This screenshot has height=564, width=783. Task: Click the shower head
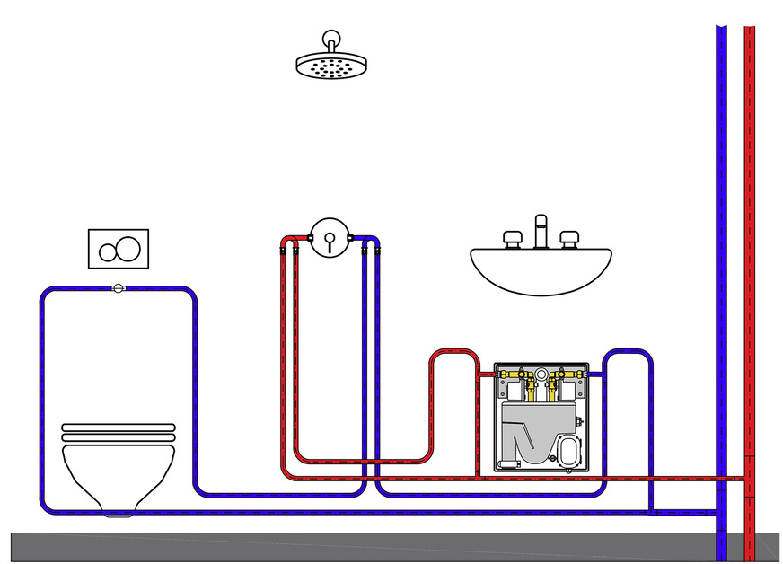pos(332,64)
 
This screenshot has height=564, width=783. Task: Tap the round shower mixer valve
pos(329,238)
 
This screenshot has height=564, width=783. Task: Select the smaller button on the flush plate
pos(108,250)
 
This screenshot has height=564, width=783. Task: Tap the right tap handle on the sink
pos(568,238)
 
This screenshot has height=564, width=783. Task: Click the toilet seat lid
pos(117,431)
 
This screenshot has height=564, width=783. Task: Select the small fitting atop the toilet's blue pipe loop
pos(118,288)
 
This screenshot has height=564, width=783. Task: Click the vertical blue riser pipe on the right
pos(721,269)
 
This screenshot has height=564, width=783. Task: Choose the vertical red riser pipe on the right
pos(750,269)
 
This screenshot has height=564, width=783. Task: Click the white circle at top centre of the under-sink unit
pos(541,374)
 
